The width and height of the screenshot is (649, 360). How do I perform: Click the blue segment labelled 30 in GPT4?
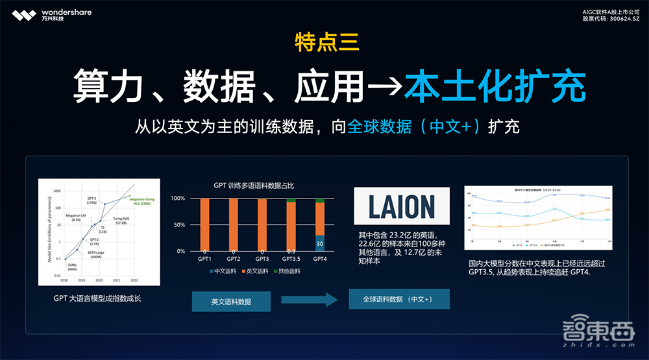coord(319,243)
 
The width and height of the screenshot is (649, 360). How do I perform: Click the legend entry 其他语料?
coord(287,271)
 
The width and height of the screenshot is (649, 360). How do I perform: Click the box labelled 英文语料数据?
coord(232,301)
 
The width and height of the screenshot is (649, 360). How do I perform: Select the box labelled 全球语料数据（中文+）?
coord(398,299)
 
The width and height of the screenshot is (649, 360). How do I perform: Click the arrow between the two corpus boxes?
coord(310,300)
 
